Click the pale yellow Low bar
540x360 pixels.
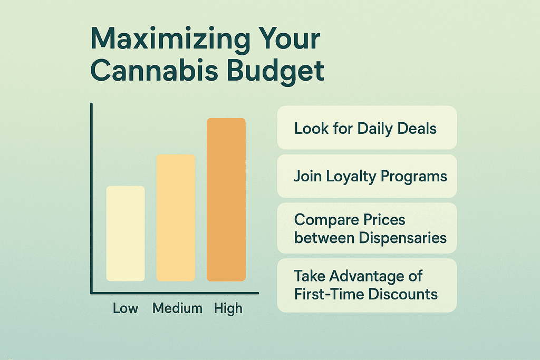click(x=126, y=233)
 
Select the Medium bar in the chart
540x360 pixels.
click(x=176, y=218)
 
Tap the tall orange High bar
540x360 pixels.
click(x=226, y=199)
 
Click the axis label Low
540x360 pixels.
click(x=126, y=308)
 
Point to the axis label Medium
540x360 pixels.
click(x=177, y=308)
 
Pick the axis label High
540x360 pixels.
click(x=228, y=308)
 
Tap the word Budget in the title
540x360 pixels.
click(x=284, y=72)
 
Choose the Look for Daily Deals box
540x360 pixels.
click(x=367, y=128)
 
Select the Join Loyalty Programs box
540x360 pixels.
click(x=367, y=176)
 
